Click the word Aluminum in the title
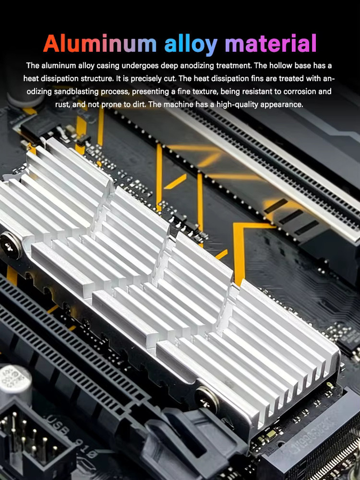(x=100, y=43)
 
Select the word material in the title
(x=270, y=43)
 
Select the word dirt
(x=139, y=105)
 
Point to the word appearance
(x=282, y=105)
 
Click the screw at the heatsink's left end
(x=10, y=245)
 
